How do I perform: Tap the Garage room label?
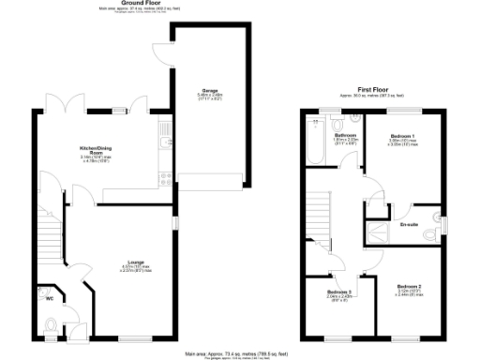click(x=208, y=91)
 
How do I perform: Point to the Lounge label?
click(x=137, y=263)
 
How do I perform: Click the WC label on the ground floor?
click(x=49, y=300)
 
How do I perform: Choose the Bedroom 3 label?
click(x=339, y=293)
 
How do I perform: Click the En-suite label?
click(x=408, y=224)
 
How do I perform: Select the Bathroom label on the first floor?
click(x=344, y=136)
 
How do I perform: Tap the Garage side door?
click(x=164, y=53)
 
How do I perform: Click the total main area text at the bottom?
click(x=240, y=354)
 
